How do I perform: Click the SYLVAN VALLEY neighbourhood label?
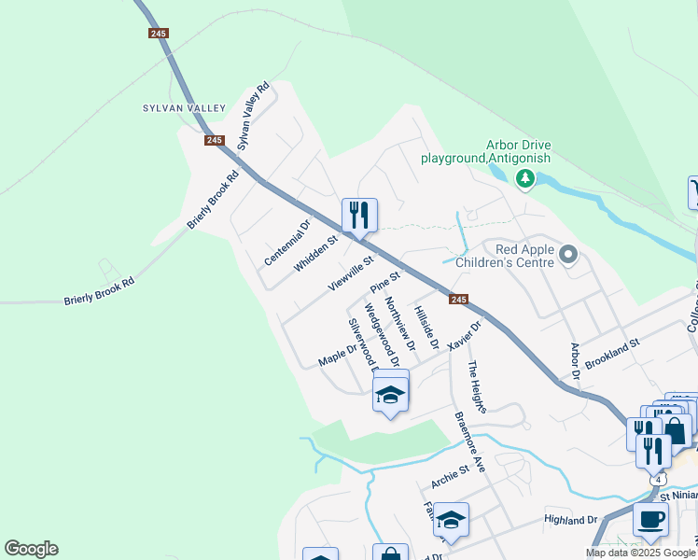pyautogui.click(x=184, y=108)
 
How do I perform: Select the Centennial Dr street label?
pyautogui.click(x=286, y=243)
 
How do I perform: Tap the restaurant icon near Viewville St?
pyautogui.click(x=358, y=216)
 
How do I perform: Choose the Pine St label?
pyautogui.click(x=384, y=280)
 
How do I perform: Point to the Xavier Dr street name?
pyautogui.click(x=464, y=335)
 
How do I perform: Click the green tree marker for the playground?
pyautogui.click(x=525, y=178)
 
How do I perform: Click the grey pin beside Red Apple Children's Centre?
pyautogui.click(x=569, y=253)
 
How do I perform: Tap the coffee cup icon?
pyautogui.click(x=650, y=520)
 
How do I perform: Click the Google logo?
pyautogui.click(x=31, y=549)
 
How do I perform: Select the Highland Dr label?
pyautogui.click(x=571, y=519)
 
